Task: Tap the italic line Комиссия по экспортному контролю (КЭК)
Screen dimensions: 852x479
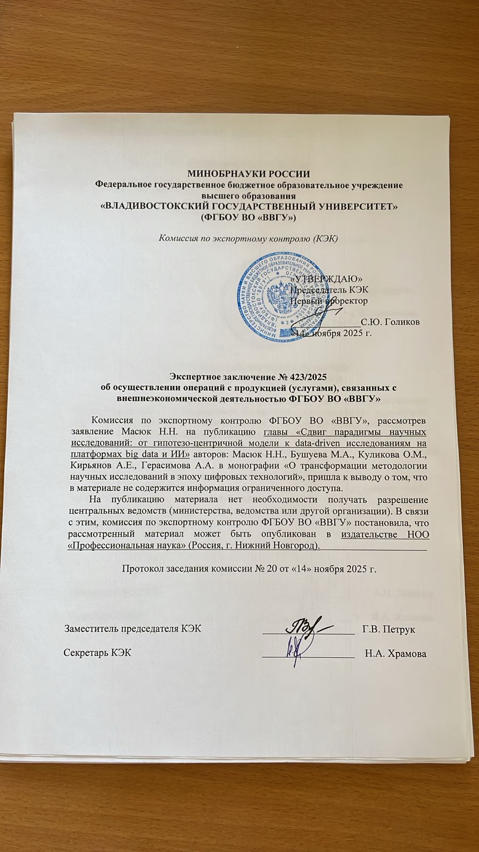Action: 249,237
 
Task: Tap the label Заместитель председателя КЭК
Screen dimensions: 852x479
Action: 133,629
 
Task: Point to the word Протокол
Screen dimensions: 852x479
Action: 141,569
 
